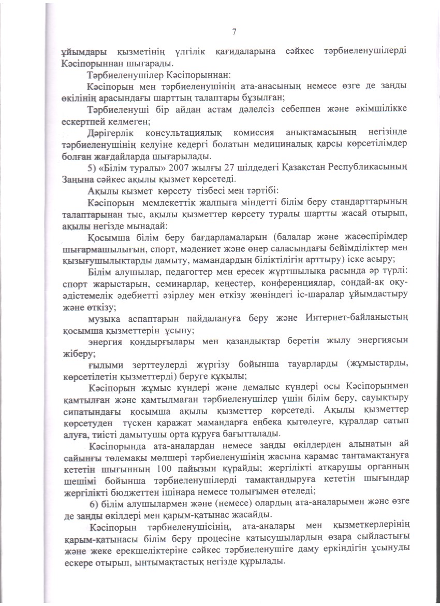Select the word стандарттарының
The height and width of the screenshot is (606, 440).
pos(365,202)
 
